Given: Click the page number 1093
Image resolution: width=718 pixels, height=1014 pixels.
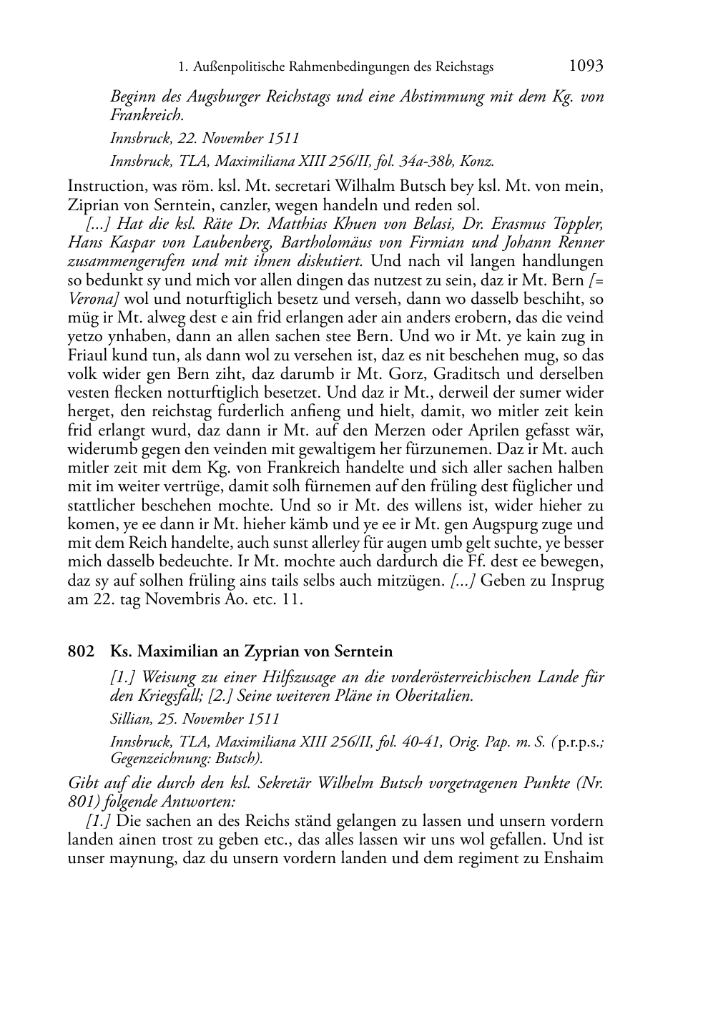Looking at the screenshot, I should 586,66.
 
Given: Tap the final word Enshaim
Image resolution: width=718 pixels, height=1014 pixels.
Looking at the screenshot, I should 572,858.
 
